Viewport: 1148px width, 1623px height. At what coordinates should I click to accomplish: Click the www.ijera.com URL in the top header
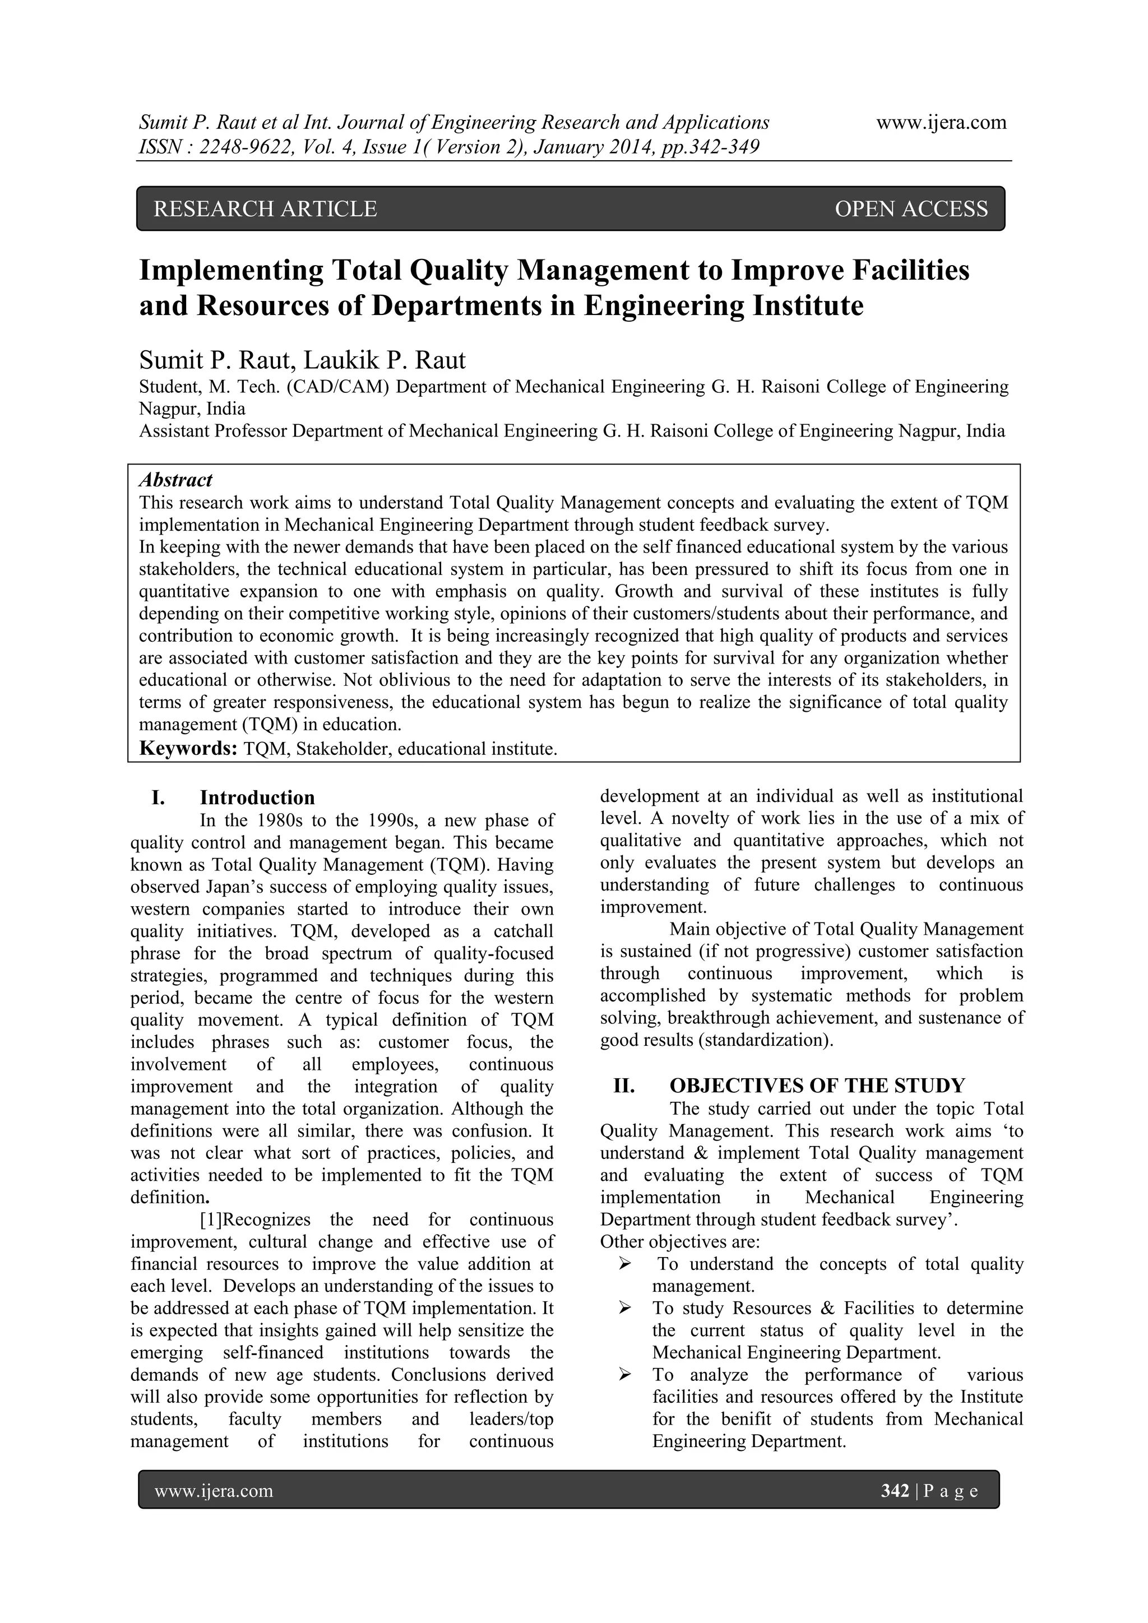point(941,122)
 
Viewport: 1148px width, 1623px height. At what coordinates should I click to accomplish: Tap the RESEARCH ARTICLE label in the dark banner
point(265,208)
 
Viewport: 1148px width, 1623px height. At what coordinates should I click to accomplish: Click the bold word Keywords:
point(187,749)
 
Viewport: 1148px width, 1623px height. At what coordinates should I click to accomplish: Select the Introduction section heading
point(257,797)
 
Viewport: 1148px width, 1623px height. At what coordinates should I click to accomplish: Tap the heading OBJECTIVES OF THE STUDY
point(817,1086)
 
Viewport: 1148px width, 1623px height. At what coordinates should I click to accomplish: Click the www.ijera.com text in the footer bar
point(214,1491)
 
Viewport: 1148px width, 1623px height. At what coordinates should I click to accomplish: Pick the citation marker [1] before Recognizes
point(211,1219)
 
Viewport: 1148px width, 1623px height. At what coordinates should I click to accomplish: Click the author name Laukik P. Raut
point(385,360)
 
